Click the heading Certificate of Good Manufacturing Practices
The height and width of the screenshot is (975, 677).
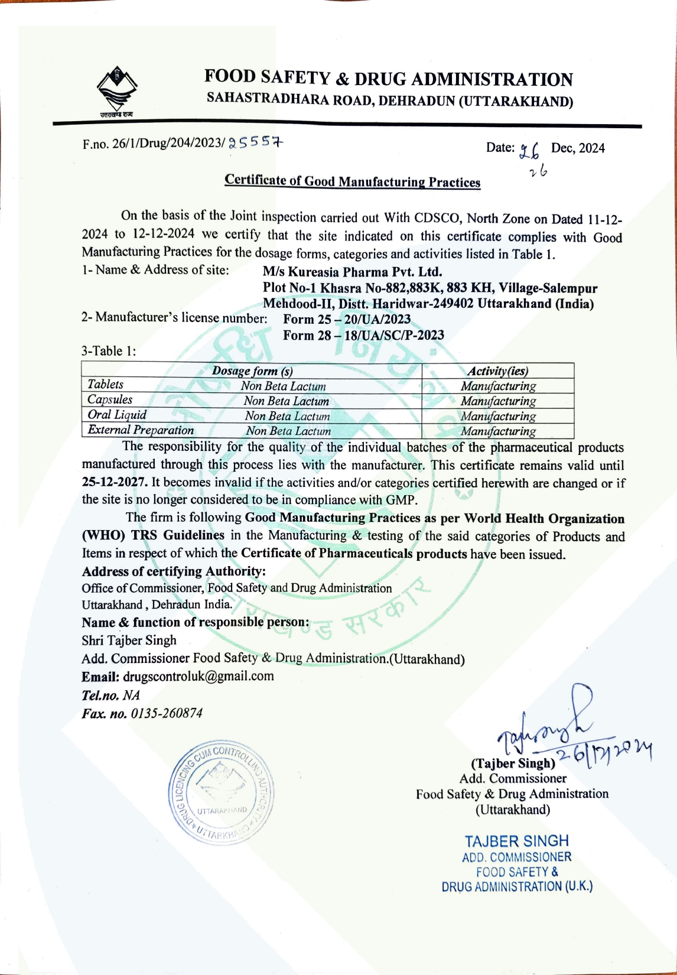click(352, 181)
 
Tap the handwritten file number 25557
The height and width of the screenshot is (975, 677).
click(256, 142)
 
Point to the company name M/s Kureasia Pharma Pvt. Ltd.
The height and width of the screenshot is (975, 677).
click(352, 272)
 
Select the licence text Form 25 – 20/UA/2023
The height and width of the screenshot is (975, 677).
click(347, 320)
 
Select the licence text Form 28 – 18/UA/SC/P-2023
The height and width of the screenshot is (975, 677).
click(363, 336)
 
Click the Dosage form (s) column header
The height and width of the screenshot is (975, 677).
click(252, 371)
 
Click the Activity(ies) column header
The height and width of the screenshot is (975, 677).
click(497, 371)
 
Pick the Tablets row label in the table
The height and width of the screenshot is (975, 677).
click(105, 385)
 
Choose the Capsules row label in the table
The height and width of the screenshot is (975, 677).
click(110, 400)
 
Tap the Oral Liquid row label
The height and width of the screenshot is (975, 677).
click(117, 415)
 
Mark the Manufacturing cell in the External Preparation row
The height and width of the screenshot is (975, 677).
click(498, 431)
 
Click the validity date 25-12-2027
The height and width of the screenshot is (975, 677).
click(114, 482)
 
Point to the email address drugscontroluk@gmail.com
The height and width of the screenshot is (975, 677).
click(198, 676)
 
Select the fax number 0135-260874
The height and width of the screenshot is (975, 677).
click(167, 713)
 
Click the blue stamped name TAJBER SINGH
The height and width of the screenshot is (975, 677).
click(516, 841)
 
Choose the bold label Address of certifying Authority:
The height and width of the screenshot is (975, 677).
click(174, 571)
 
